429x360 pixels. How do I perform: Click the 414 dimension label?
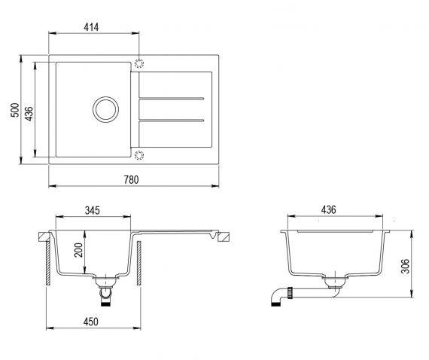click(91, 27)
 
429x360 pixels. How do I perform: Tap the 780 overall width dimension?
click(131, 179)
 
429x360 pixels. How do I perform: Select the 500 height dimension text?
click(15, 110)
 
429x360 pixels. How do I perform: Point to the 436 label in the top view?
click(29, 114)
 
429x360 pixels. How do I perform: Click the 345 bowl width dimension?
click(93, 210)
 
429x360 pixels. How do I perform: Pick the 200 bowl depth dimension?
click(78, 250)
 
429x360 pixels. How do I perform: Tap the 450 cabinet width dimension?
click(90, 322)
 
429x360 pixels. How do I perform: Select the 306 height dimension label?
click(405, 266)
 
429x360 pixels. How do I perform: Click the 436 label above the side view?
click(328, 209)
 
